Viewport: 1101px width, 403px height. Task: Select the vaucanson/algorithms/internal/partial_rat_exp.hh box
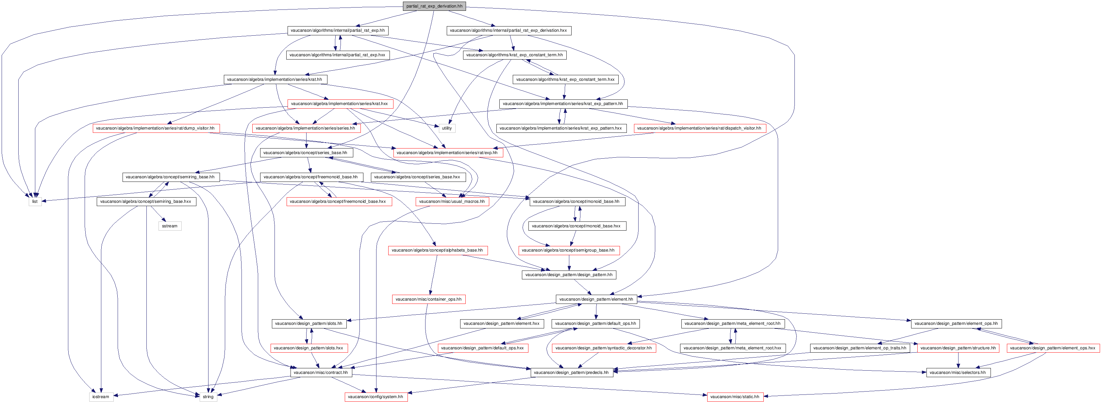(x=338, y=30)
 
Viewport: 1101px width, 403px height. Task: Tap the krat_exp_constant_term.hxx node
(x=565, y=79)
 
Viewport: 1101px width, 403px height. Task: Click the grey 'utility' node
(x=447, y=128)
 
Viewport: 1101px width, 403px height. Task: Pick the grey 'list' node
(x=35, y=201)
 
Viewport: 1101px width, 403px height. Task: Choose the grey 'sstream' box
(x=170, y=226)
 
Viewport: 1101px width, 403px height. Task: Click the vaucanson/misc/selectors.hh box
(x=958, y=373)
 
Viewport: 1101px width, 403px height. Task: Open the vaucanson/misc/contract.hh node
(x=321, y=373)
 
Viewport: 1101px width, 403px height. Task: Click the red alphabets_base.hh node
(x=437, y=250)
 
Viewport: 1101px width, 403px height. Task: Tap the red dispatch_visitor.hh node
(x=699, y=128)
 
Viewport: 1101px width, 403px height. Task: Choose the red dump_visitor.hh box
(x=156, y=128)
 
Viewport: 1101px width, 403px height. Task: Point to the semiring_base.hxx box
(x=146, y=201)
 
